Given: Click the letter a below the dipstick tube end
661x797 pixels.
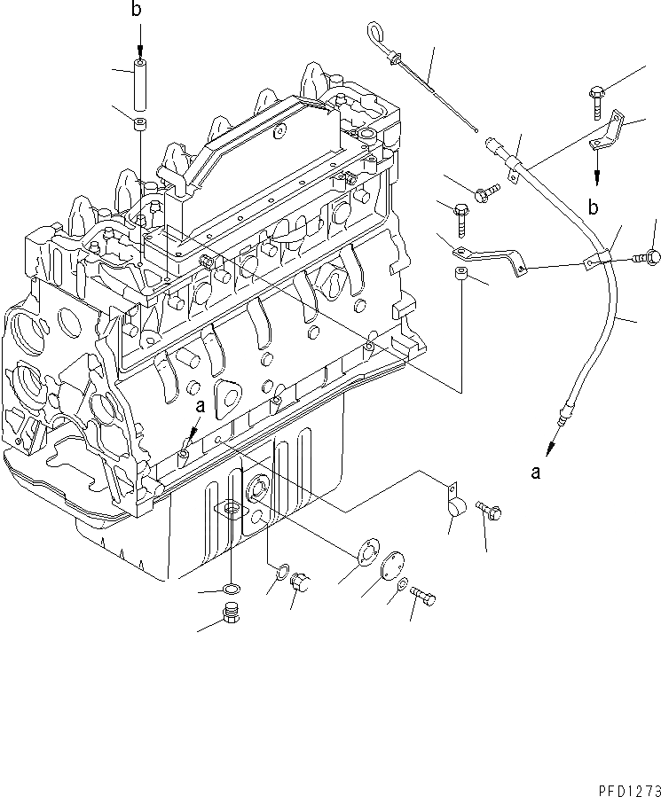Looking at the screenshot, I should [x=535, y=473].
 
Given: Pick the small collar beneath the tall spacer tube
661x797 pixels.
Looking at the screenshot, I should [x=140, y=122].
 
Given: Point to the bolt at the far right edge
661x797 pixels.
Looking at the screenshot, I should [x=647, y=257].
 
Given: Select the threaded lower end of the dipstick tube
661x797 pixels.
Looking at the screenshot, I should [x=561, y=411].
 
